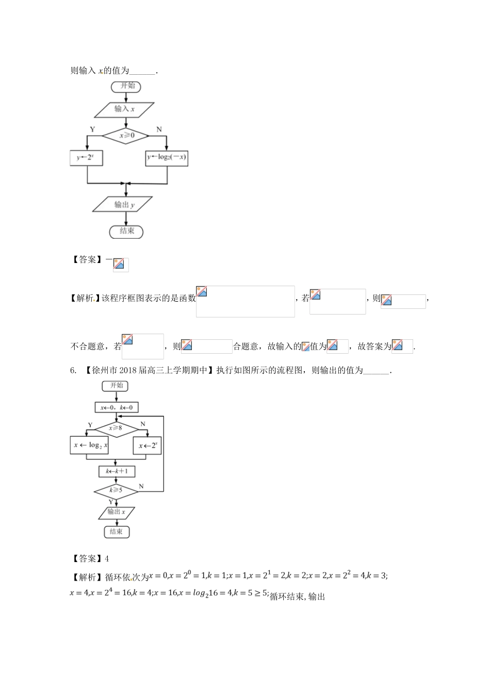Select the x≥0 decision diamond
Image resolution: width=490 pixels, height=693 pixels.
pos(125,136)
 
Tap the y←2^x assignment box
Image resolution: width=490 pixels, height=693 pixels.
pos(86,158)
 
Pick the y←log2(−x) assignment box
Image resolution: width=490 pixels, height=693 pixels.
pos(167,158)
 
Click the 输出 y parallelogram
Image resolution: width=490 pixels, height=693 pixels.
pos(123,205)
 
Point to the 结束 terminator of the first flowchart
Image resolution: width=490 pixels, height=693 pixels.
pos(126,231)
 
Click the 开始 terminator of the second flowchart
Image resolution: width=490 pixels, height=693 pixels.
pos(116,386)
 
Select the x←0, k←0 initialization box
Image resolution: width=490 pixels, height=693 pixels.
pos(117,407)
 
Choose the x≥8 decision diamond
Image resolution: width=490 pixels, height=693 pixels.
pos(116,427)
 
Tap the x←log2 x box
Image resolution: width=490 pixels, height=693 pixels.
pos(89,445)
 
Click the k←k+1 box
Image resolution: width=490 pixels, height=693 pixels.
pos(116,471)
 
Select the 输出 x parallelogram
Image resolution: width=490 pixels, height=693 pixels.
pos(116,512)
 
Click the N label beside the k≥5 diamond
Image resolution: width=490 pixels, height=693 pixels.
pos(141,486)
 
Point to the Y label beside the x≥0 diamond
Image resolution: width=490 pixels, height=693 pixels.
pos(92,129)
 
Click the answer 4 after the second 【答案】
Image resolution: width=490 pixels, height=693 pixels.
pos(106,558)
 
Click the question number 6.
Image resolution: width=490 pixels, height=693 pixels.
pos(73,370)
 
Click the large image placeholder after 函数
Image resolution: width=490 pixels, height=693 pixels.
pos(245,301)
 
